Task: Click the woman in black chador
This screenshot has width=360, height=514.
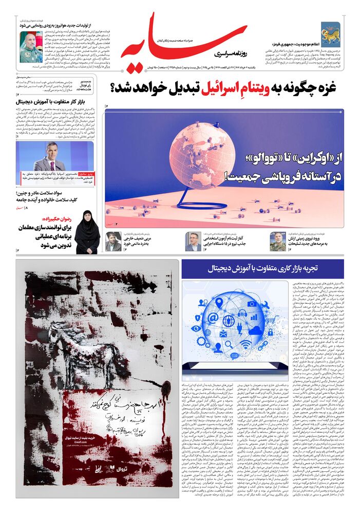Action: coord(87,232)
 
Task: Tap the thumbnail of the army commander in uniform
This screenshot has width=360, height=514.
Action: coord(278,241)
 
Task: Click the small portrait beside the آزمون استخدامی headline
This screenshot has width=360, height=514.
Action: coord(194,241)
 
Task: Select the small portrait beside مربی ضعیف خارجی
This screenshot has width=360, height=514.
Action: coord(113,242)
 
